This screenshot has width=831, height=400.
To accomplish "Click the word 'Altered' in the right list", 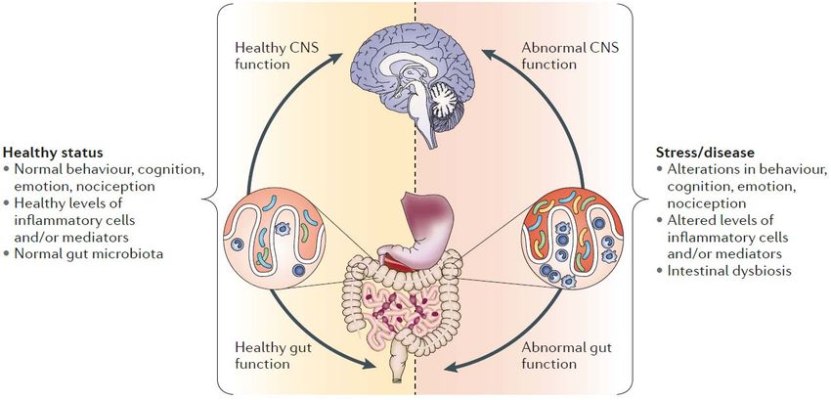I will click(x=686, y=221).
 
